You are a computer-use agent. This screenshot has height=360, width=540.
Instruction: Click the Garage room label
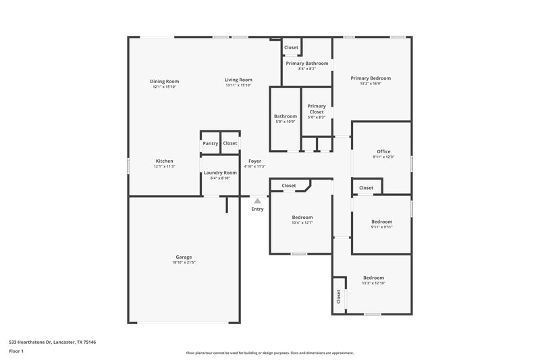click(x=184, y=257)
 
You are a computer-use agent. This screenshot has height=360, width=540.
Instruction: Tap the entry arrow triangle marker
click(x=257, y=201)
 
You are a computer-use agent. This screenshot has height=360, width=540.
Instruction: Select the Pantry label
click(x=210, y=143)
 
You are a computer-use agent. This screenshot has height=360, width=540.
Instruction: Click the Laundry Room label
click(x=220, y=173)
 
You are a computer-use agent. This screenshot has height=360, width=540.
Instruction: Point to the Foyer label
click(x=254, y=161)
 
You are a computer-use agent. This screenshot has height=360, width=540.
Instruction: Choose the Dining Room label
click(x=164, y=81)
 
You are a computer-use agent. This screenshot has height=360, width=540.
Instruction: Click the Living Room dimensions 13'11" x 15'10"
click(x=238, y=85)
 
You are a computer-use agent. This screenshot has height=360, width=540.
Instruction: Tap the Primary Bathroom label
click(x=306, y=63)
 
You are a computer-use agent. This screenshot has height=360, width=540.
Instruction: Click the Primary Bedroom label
click(x=371, y=78)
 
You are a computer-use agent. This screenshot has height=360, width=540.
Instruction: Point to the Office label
click(x=383, y=151)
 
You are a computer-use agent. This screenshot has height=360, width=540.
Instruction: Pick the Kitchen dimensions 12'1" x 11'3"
click(x=165, y=166)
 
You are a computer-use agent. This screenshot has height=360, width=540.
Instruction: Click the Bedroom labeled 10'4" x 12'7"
click(x=302, y=217)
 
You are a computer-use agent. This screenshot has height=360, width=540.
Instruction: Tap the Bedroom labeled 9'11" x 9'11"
click(x=381, y=222)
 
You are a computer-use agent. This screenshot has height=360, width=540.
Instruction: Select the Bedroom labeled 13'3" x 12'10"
click(x=373, y=278)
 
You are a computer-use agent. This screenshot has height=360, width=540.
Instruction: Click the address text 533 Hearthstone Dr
click(x=52, y=342)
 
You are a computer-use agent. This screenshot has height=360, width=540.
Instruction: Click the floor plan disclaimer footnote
click(x=269, y=353)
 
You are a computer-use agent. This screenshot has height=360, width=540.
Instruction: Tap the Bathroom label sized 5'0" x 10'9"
click(x=286, y=116)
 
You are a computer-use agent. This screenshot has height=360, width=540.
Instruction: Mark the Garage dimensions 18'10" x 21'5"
click(x=184, y=262)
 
